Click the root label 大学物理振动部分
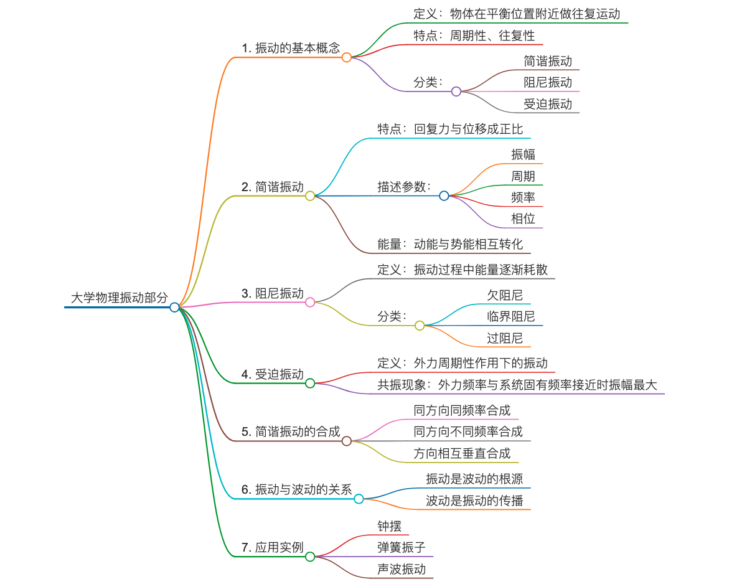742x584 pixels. point(119,298)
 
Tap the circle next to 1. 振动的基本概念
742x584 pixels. point(347,57)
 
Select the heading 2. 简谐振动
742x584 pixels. point(273,187)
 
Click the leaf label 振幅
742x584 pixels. point(523,154)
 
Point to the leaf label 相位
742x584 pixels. point(523,219)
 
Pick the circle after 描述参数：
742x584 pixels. point(444,195)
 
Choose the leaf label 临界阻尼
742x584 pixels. point(510,316)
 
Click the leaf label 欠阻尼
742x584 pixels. point(505,294)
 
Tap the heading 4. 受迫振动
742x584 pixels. point(273,374)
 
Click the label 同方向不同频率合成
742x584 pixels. point(468,431)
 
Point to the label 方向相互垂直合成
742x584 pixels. point(462,453)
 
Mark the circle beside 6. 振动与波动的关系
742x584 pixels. point(359,499)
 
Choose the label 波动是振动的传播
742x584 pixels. point(474,501)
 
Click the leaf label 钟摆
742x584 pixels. point(389,525)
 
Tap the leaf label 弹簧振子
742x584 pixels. point(402,547)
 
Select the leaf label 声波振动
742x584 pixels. point(402,569)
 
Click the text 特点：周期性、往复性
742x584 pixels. point(474,35)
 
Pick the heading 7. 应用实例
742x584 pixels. point(273,548)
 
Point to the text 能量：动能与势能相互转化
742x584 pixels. point(450,244)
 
